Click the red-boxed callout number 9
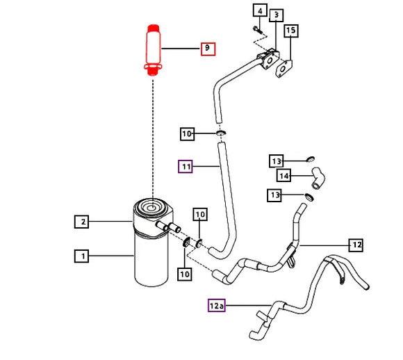[208, 49]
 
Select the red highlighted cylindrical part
[153, 50]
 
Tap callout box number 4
[260, 10]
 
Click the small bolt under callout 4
[258, 30]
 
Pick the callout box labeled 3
[277, 15]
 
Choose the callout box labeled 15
[291, 31]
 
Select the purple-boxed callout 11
[186, 166]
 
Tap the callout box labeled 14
[284, 176]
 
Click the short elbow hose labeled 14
[318, 178]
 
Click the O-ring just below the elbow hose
[309, 197]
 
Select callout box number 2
[82, 222]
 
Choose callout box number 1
[82, 256]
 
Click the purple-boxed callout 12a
[217, 306]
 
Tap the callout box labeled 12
[356, 245]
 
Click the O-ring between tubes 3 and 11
[220, 133]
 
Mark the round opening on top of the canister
[152, 207]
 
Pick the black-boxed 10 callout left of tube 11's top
[187, 133]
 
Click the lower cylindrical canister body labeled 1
[151, 260]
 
